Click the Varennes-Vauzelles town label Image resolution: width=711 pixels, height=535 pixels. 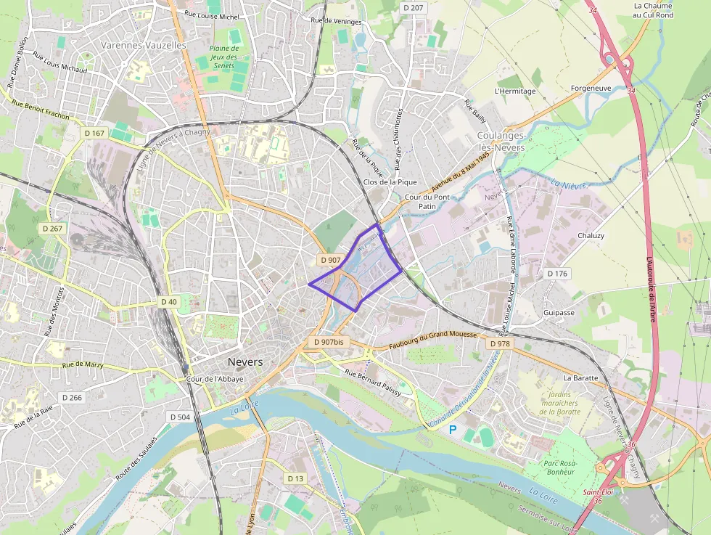click(x=143, y=45)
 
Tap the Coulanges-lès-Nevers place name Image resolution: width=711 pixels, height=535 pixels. click(x=501, y=142)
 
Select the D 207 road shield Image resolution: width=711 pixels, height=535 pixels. click(x=412, y=7)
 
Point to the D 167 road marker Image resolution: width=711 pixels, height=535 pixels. click(x=95, y=133)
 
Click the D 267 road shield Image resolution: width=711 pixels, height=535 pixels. click(x=53, y=228)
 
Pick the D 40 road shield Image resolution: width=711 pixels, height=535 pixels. click(x=168, y=301)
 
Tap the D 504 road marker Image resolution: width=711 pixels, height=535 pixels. click(x=178, y=417)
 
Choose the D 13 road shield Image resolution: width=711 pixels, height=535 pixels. click(x=295, y=478)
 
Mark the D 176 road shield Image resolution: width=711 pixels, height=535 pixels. click(x=557, y=274)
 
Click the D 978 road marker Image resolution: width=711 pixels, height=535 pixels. click(x=500, y=343)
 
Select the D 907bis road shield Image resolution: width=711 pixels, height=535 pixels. click(x=327, y=341)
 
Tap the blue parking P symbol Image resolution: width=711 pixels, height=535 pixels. click(x=453, y=430)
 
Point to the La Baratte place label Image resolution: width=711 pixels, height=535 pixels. click(x=580, y=378)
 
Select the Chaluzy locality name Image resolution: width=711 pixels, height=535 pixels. click(x=591, y=236)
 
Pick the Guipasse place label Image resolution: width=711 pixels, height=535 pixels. click(x=559, y=313)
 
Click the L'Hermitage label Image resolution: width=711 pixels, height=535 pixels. click(x=514, y=91)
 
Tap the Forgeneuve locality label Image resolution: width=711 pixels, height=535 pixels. click(x=591, y=89)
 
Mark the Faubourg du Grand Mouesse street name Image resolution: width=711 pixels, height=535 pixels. click(x=432, y=335)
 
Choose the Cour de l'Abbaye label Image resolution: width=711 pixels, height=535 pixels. click(x=215, y=379)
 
